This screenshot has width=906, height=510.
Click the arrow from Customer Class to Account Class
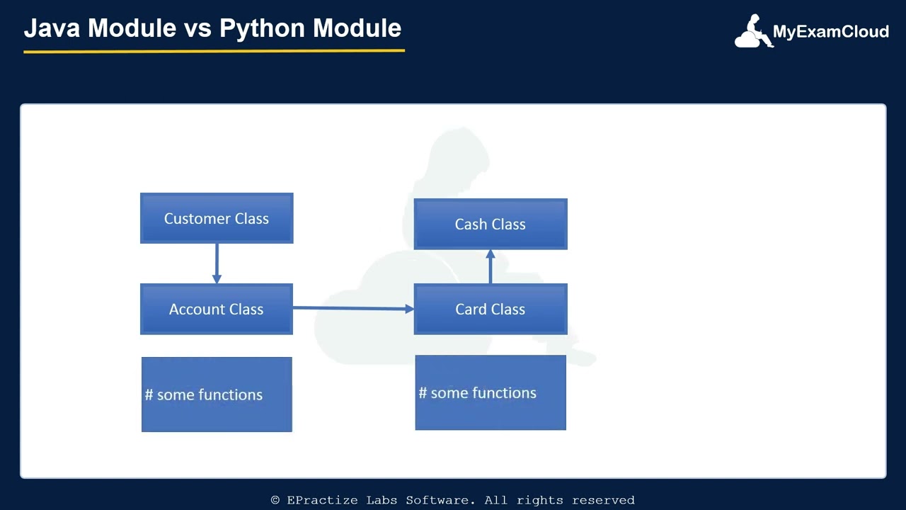click(x=217, y=263)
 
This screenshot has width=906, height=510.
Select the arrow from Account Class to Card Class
click(x=352, y=308)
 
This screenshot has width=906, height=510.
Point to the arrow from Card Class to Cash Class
click(x=491, y=266)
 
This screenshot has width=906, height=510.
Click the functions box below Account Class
click(x=217, y=395)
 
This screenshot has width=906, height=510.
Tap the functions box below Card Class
click(x=491, y=392)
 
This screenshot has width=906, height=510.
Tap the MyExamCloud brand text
click(x=830, y=32)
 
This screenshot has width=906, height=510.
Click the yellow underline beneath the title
click(x=214, y=51)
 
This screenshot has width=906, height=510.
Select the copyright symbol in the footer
click(x=275, y=500)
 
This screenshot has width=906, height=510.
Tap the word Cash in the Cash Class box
click(x=471, y=225)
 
